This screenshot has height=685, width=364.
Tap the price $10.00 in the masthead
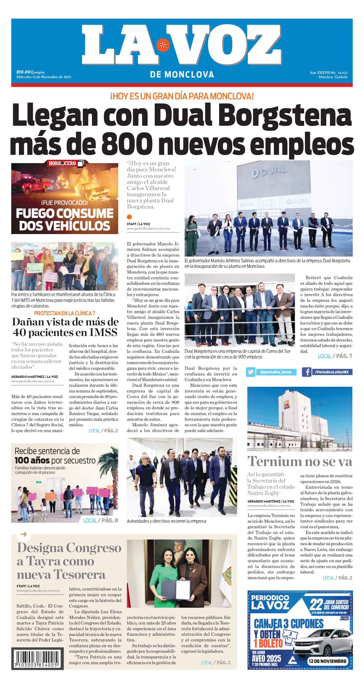tap(23, 72)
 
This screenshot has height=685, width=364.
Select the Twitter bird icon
tap(251, 372)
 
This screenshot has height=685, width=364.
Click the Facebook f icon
tap(307, 372)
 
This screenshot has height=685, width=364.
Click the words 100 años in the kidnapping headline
tap(32, 460)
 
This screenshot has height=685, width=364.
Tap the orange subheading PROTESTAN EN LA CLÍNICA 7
tap(64, 313)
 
